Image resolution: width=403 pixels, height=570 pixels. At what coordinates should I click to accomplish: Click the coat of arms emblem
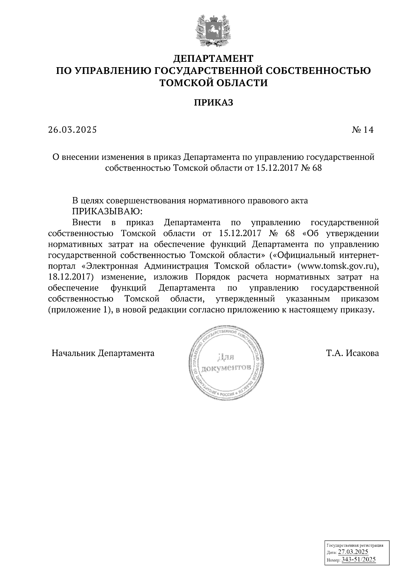point(213,31)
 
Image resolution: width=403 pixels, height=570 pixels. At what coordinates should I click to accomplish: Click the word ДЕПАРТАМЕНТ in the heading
point(213,59)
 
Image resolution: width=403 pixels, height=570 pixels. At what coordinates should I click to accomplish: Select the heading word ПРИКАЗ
point(213,103)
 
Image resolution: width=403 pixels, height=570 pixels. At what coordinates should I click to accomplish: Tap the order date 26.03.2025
point(72,130)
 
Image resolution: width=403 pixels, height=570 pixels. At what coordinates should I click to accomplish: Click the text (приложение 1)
point(79,310)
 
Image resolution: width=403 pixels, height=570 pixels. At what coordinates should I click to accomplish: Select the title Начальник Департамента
point(103,353)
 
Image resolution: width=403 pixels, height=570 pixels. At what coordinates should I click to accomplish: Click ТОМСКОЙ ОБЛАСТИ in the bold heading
point(213,83)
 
